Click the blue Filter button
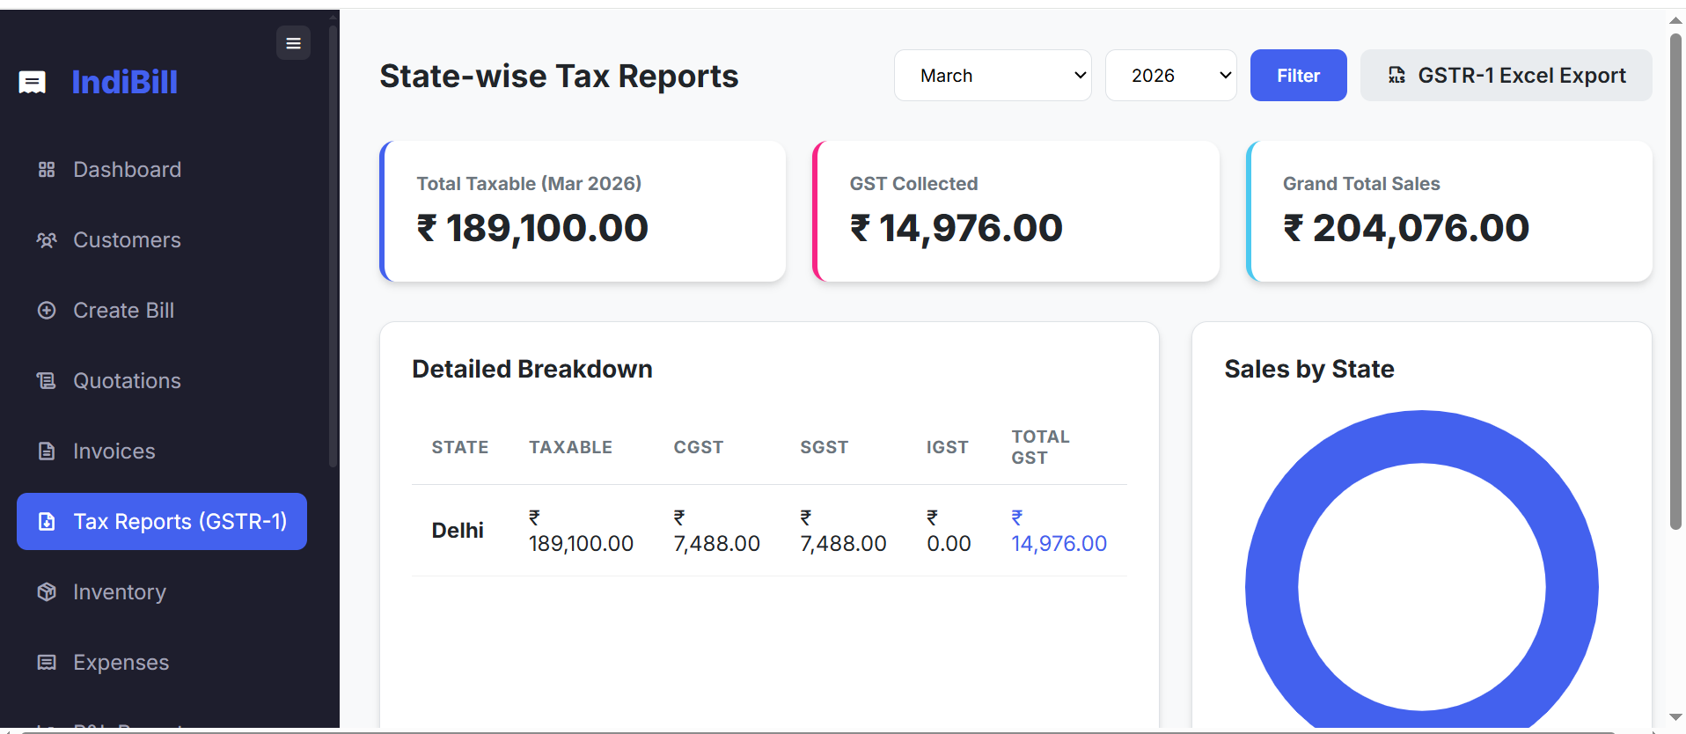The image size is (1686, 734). tap(1298, 76)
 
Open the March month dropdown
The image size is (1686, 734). tap(993, 76)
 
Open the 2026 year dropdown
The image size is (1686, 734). tap(1170, 76)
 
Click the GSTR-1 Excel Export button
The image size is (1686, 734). tap(1506, 76)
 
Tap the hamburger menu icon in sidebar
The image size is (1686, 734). tap(293, 43)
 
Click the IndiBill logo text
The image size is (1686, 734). tap(124, 82)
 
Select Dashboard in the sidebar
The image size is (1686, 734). tap(127, 170)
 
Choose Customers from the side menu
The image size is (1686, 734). tap(127, 240)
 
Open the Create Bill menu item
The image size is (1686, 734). tap(123, 311)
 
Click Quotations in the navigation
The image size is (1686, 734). tap(127, 381)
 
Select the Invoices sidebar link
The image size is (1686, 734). tap(114, 451)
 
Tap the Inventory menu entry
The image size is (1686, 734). tap(119, 592)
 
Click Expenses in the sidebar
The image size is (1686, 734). tap(121, 663)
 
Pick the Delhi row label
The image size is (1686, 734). tap(458, 531)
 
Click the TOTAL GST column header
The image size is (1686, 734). tap(1040, 447)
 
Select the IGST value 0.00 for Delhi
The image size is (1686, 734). tap(949, 543)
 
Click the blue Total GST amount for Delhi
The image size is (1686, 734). tap(1059, 543)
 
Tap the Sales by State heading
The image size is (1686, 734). tap(1308, 369)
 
